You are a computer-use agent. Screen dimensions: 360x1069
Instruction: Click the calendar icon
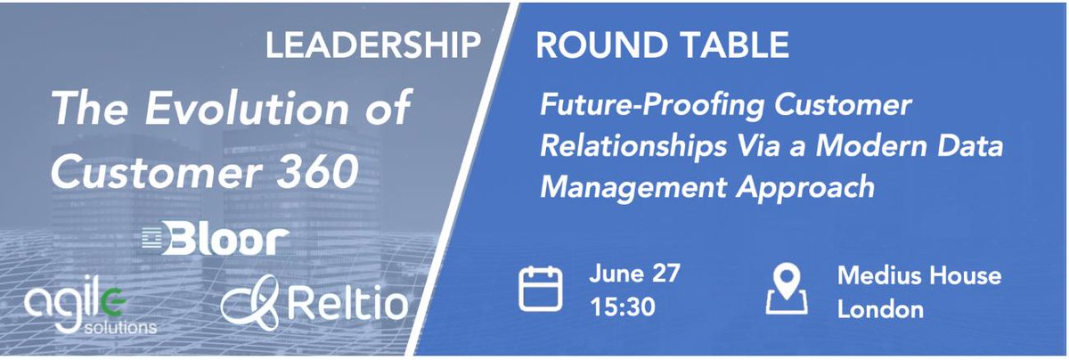pos(541,290)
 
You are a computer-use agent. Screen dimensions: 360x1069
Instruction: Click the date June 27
pos(634,274)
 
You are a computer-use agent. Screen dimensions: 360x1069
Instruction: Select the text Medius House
pos(918,274)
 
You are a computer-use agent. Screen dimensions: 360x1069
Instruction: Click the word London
pos(879,309)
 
